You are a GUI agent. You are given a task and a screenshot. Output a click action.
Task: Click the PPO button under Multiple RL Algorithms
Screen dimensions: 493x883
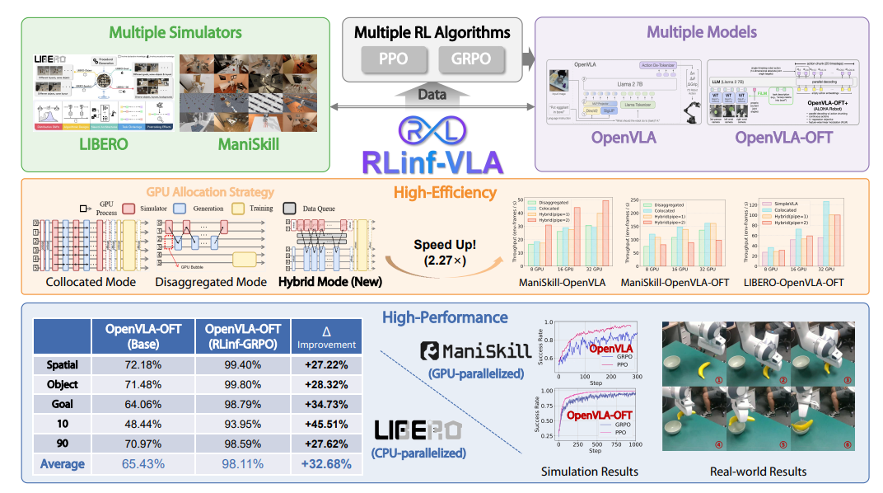click(392, 59)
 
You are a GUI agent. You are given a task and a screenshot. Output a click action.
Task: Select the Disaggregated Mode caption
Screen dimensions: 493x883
click(211, 282)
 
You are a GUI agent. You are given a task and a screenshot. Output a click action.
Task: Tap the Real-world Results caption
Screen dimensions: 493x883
click(759, 472)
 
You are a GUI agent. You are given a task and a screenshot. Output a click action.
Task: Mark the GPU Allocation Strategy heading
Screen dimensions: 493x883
click(209, 192)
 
